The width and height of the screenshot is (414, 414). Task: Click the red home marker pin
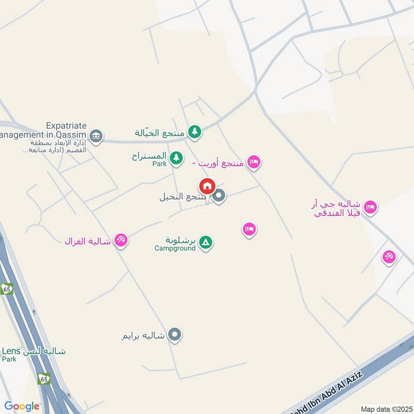pyautogui.click(x=207, y=186)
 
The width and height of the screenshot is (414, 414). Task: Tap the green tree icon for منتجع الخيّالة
pyautogui.click(x=195, y=132)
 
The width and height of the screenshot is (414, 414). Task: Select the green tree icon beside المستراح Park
pyautogui.click(x=176, y=157)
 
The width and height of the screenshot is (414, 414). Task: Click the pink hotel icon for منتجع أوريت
pyautogui.click(x=254, y=162)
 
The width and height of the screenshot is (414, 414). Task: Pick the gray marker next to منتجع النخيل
pyautogui.click(x=219, y=196)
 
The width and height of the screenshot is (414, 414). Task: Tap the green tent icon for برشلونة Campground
pyautogui.click(x=205, y=242)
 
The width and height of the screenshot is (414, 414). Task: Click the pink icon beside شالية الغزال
pyautogui.click(x=121, y=240)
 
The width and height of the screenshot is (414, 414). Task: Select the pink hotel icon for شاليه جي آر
pyautogui.click(x=370, y=208)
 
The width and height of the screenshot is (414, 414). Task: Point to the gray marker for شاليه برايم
pyautogui.click(x=175, y=335)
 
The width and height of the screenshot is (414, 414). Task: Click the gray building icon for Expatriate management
pyautogui.click(x=96, y=137)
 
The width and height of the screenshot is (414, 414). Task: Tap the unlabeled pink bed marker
pyautogui.click(x=249, y=229)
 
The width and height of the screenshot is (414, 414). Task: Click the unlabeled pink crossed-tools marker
pyautogui.click(x=389, y=256)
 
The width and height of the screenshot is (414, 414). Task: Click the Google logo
pyautogui.click(x=22, y=406)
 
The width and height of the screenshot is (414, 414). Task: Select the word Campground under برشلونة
pyautogui.click(x=175, y=248)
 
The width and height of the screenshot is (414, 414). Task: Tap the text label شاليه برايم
pyautogui.click(x=143, y=335)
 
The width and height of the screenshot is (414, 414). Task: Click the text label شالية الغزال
pyautogui.click(x=87, y=241)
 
